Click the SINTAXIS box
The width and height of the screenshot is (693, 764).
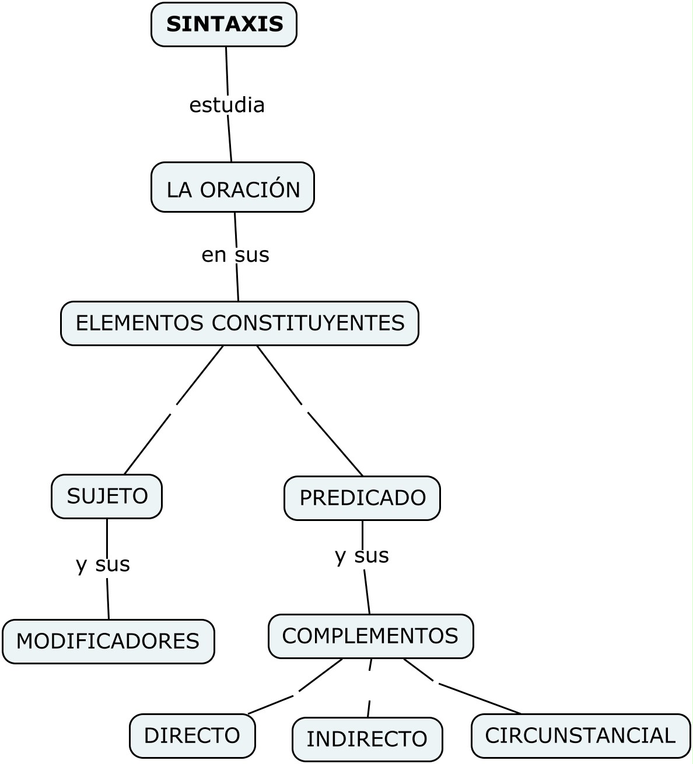224,24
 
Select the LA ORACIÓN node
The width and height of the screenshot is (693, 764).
233,188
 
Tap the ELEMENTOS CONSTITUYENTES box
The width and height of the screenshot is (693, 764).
240,323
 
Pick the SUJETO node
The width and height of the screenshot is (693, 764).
107,497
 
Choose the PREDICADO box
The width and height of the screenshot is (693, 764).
362,498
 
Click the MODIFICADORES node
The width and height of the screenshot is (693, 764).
108,642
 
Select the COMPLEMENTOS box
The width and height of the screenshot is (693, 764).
370,636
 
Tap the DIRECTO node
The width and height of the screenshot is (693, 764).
192,736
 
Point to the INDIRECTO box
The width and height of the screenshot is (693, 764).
367,739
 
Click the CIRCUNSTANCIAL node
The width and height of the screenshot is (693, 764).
580,736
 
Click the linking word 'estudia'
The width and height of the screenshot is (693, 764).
227,105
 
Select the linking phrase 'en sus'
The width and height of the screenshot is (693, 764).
235,255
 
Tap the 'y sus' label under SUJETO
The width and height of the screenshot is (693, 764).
103,564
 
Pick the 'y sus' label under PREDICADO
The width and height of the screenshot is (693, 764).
362,556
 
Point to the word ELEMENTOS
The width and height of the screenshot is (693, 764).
139,323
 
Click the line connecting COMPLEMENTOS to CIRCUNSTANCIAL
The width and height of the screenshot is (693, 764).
478,698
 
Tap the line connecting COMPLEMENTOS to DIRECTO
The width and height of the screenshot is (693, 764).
271,704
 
